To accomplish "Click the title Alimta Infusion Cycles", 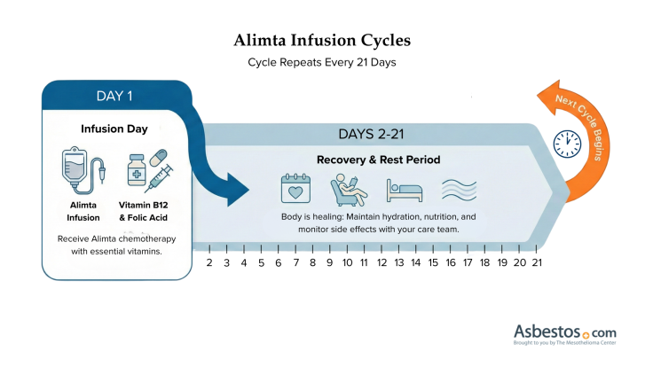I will coord(322,41).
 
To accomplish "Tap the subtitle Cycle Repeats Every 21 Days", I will coord(322,64).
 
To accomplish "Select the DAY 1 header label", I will coord(115,96).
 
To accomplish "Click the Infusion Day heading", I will coord(114,129).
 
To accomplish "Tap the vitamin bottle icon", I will coord(136,170).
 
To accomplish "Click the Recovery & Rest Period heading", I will coord(379,160).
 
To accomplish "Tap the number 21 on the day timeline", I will coord(537,262).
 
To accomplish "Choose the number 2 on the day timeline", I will coord(209,262).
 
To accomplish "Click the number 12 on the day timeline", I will coord(382,262).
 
